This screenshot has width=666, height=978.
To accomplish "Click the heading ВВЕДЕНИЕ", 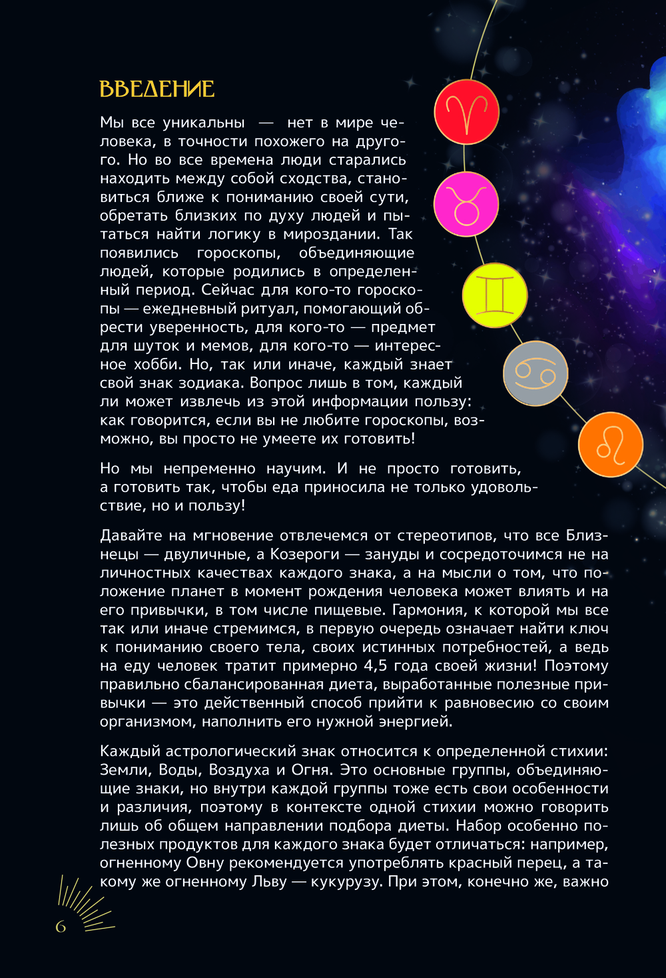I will [157, 89].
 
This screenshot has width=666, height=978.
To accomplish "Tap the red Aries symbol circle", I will [466, 111].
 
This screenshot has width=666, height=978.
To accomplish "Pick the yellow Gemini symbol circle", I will [495, 296].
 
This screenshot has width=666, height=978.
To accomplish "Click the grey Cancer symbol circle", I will [535, 373].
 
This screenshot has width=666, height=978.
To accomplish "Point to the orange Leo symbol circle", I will [610, 445].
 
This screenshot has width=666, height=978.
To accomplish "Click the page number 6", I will [61, 927].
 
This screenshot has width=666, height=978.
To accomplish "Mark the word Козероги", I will [305, 554].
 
